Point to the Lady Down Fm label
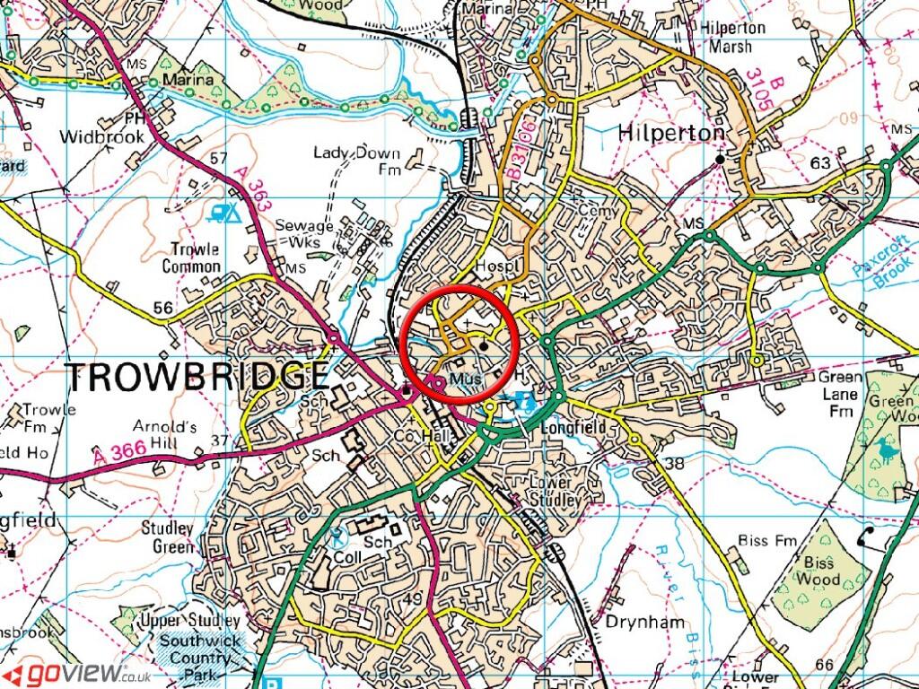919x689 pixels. point(356,160)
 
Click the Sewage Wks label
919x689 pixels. point(304,233)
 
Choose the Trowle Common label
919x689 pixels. point(191,258)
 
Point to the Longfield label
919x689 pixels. point(574,428)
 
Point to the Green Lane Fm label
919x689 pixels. point(840,395)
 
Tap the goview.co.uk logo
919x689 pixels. point(76,673)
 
